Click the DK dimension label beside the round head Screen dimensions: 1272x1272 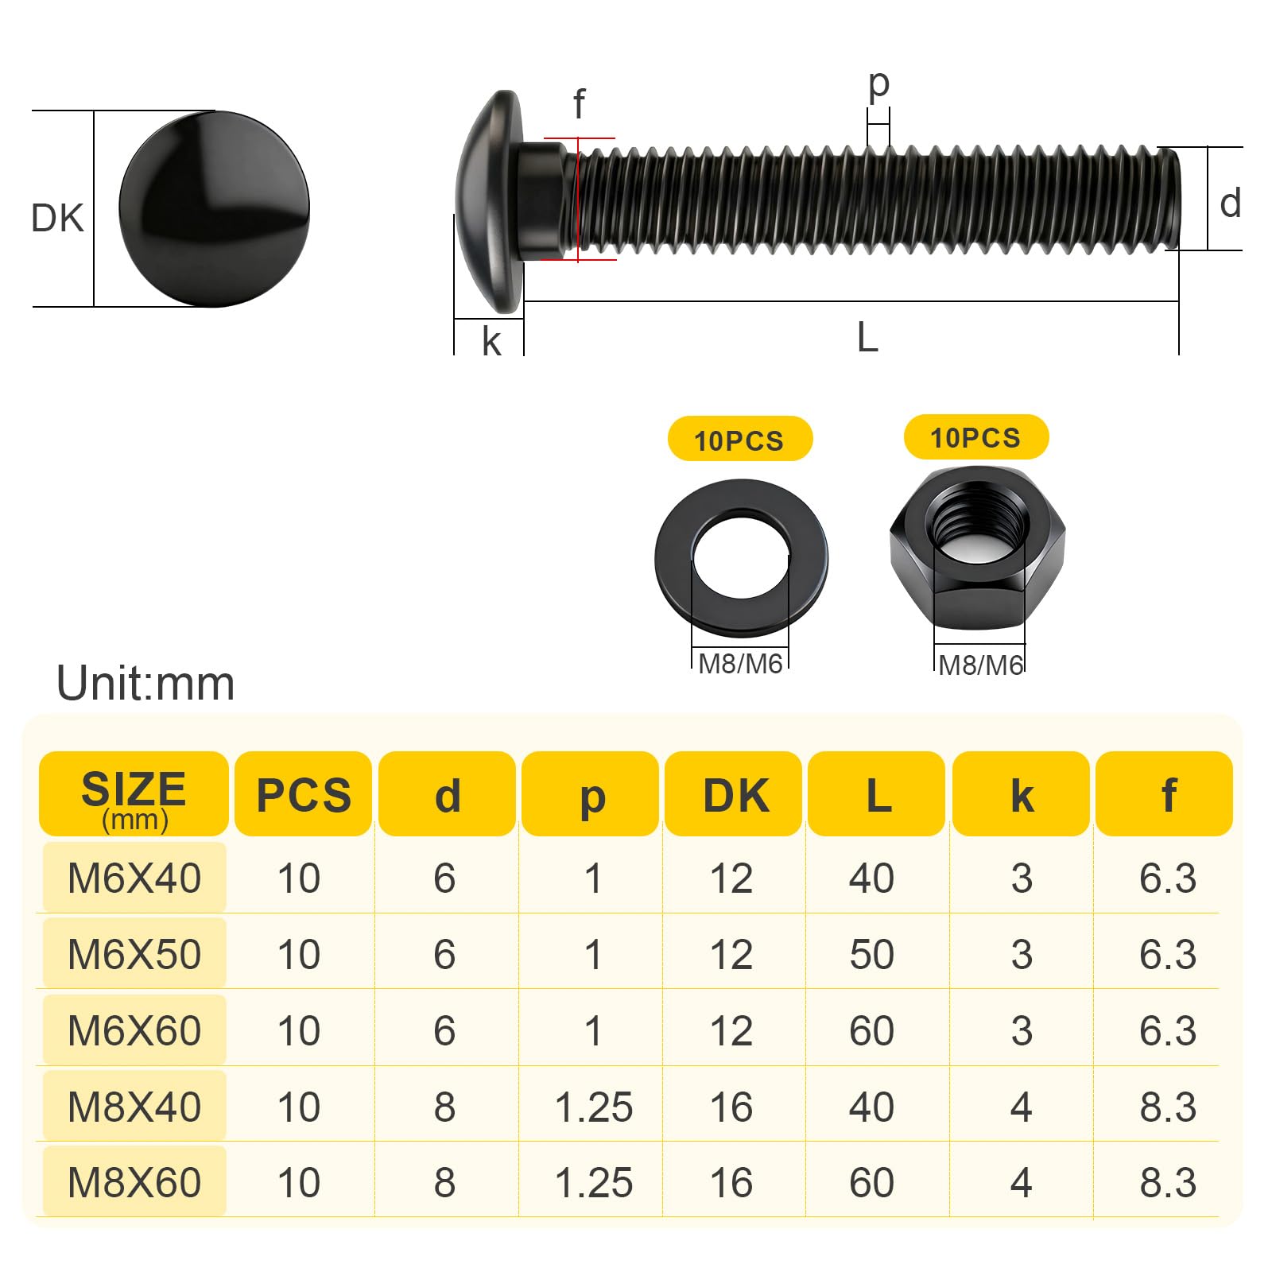pos(57,218)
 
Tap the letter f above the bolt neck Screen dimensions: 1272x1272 pos(579,104)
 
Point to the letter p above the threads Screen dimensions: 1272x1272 pos(878,84)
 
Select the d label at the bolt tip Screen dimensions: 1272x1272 pos(1231,204)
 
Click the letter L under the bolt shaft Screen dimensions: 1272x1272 pos(867,338)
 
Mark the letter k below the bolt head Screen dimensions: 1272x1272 pos(491,341)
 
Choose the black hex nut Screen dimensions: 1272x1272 pos(977,549)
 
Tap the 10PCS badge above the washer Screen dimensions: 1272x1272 pos(739,439)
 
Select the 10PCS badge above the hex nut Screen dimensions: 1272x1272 pos(976,437)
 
